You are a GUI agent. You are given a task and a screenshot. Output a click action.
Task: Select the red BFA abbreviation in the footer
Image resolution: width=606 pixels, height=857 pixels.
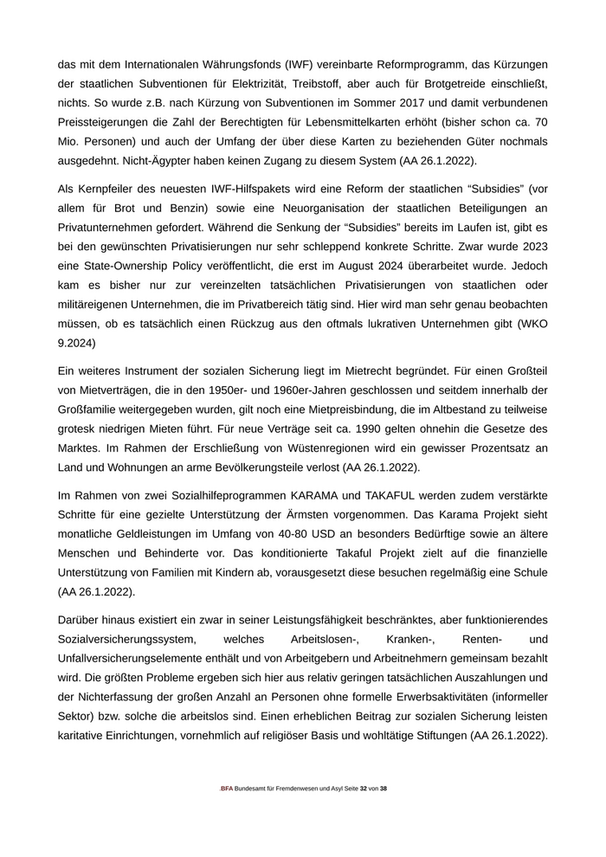227,789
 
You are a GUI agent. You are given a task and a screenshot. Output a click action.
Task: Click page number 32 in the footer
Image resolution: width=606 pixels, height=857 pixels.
364,789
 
